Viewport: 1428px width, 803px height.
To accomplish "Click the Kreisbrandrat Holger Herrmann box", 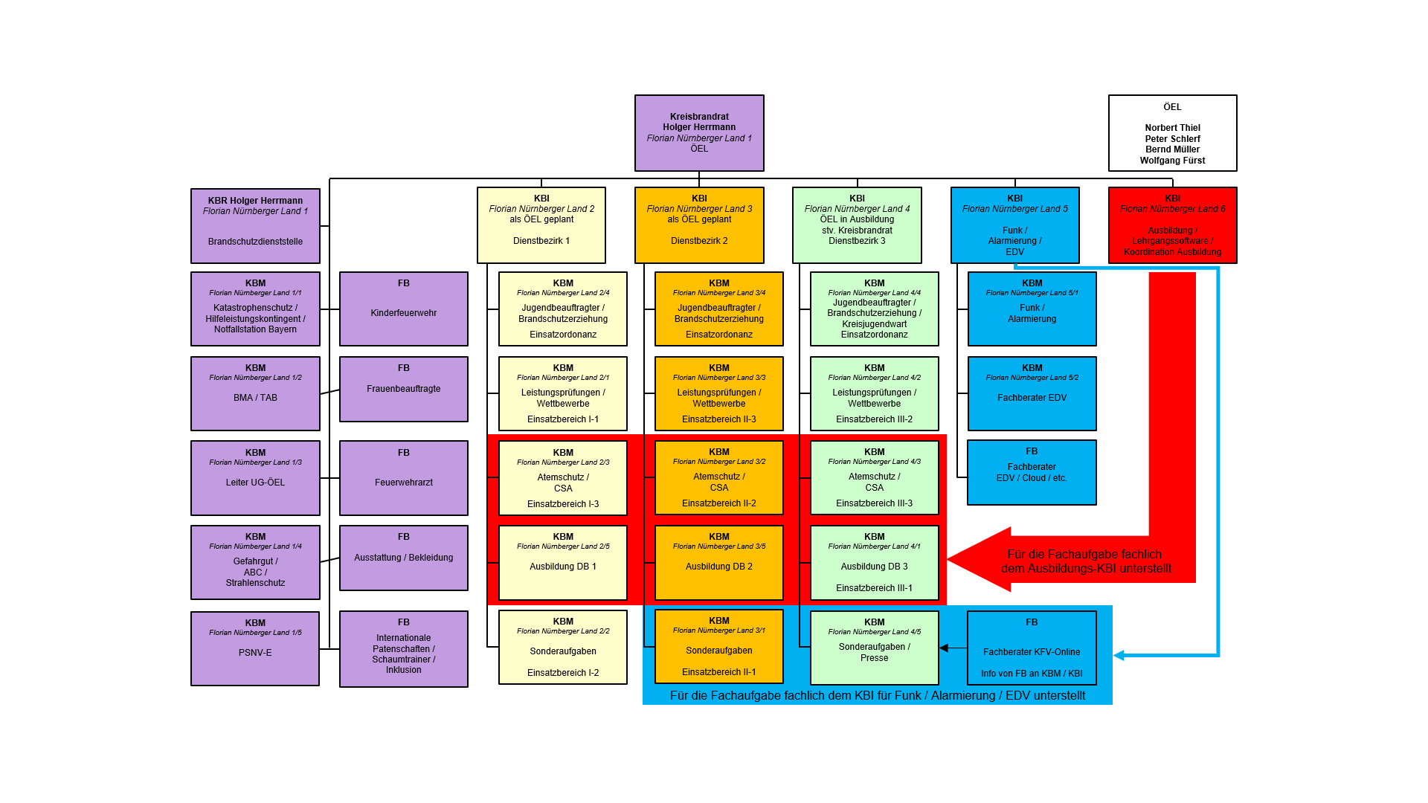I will [x=699, y=132].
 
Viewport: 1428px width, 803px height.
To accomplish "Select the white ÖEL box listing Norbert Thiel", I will [x=1172, y=132].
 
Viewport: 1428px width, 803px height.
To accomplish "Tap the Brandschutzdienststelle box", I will [x=255, y=226].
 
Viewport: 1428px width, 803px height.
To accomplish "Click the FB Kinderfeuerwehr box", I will [x=404, y=309].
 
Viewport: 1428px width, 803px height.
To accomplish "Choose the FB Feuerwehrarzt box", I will [x=404, y=478].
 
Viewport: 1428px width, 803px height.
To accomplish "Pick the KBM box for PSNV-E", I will [x=255, y=648].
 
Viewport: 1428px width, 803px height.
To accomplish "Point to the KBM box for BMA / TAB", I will [x=255, y=393].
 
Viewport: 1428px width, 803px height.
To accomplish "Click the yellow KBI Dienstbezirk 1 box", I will [x=541, y=225].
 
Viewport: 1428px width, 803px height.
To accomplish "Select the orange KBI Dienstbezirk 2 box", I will [x=699, y=225].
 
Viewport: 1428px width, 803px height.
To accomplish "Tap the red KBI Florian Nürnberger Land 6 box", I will [x=1172, y=225].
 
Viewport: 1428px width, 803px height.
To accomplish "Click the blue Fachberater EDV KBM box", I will [x=1032, y=393].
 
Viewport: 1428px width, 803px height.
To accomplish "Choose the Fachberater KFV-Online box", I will [x=1032, y=648].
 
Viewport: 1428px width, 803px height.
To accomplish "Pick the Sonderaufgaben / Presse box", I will [x=874, y=648].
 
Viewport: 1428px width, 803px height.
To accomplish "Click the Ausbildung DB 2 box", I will [x=718, y=563].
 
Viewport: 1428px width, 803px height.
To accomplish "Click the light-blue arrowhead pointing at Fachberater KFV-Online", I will [x=1119, y=655].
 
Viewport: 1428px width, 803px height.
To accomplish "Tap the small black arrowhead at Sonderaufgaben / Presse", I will [x=943, y=648].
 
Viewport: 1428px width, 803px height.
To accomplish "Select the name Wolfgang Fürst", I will [x=1172, y=161].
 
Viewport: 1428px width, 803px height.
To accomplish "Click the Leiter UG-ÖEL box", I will [x=255, y=478].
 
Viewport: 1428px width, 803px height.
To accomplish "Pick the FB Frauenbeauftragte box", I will [x=404, y=389].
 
